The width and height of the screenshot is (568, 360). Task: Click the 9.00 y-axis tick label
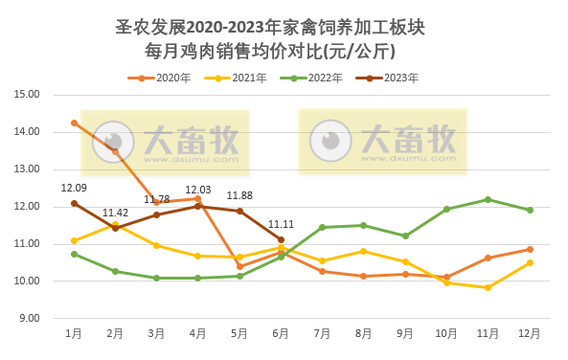[29, 318]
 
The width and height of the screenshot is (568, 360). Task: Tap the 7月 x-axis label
[322, 333]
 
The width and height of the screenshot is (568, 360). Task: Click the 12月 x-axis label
[530, 333]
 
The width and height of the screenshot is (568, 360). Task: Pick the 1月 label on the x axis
[74, 333]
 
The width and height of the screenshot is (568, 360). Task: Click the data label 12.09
[74, 188]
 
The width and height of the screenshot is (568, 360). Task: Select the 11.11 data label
[281, 224]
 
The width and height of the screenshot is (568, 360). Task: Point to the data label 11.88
[239, 195]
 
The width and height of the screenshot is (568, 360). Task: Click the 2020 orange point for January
[74, 123]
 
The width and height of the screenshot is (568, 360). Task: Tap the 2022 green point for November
[488, 199]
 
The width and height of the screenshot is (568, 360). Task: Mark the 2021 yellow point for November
[488, 287]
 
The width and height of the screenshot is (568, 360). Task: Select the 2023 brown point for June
[281, 239]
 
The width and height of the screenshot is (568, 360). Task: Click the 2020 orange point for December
[530, 249]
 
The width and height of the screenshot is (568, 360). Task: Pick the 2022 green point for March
[156, 278]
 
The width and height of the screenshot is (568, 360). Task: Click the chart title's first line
[284, 28]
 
